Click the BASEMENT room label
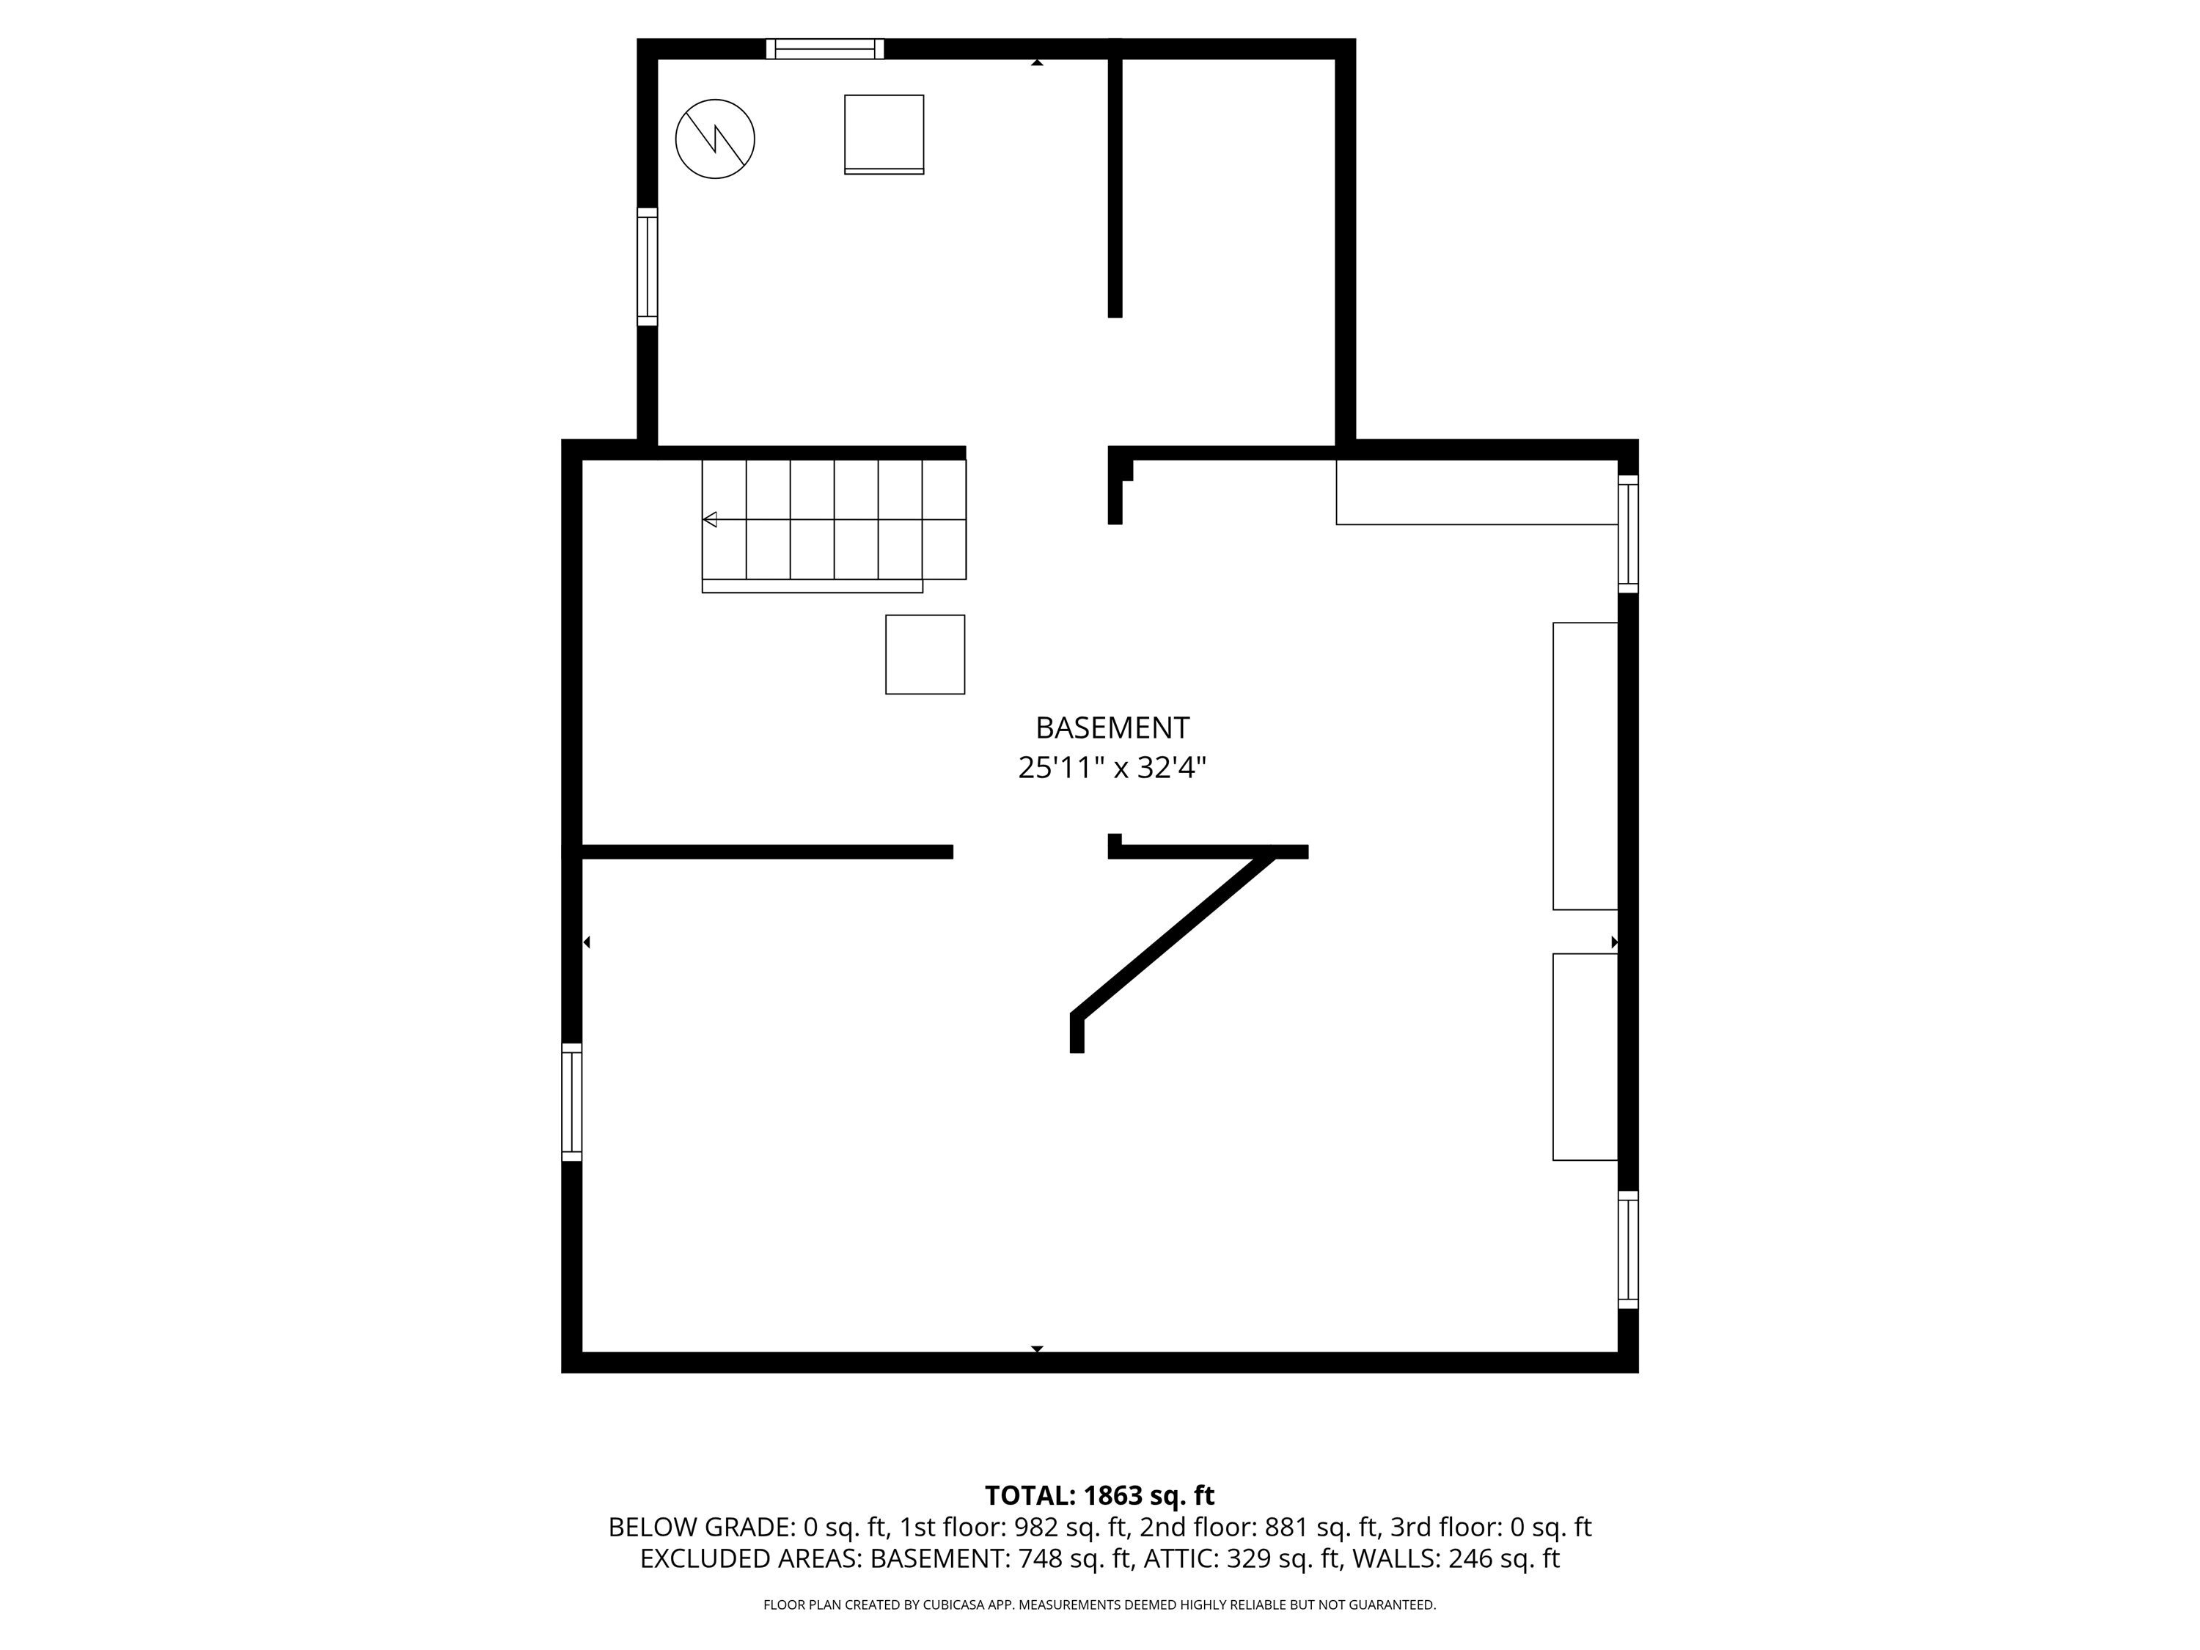1111,728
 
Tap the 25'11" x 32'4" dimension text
1111,768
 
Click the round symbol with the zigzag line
715,139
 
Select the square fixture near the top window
884,134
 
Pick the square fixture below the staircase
925,654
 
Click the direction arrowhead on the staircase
710,519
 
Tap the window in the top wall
824,48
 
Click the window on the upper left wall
648,266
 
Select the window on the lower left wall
572,1102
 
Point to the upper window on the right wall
1628,534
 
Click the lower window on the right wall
1628,1249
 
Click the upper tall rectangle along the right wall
1585,766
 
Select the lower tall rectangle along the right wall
1585,1056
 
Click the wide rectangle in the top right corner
1476,491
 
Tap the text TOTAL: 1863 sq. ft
1099,1496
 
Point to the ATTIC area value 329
1248,1558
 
